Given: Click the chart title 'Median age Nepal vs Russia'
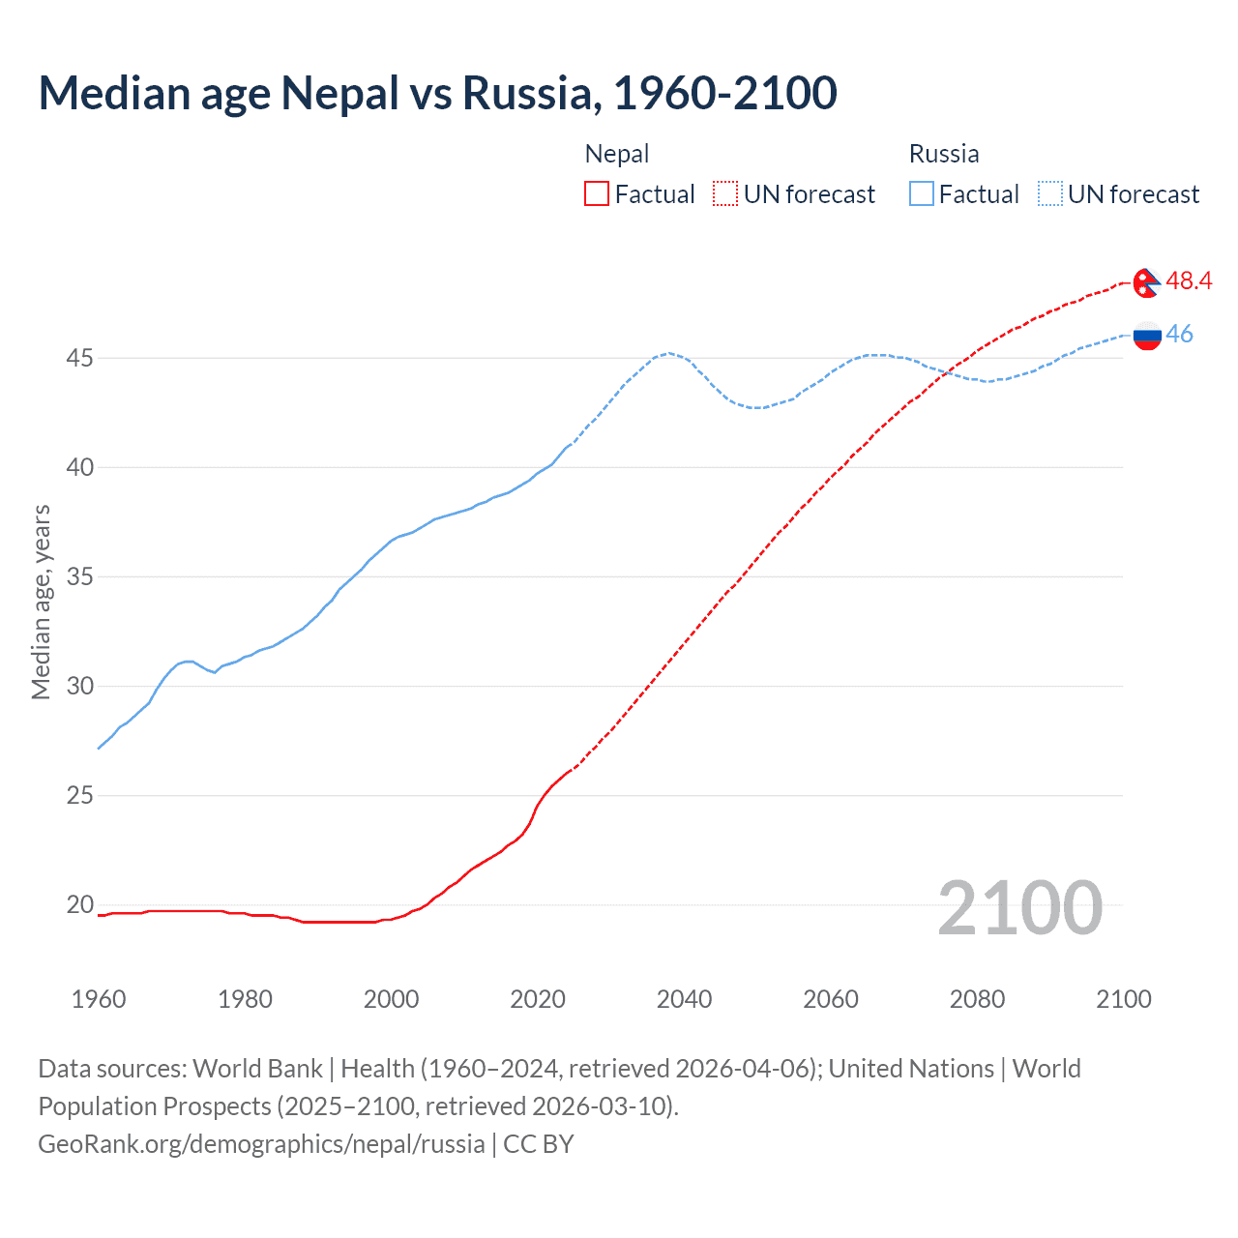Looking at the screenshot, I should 437,93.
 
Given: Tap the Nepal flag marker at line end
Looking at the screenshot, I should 1146,283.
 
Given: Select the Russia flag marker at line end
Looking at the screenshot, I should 1147,336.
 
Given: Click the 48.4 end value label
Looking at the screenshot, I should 1189,280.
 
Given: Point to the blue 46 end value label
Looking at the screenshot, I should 1179,334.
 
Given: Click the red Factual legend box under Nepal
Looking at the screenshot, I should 597,194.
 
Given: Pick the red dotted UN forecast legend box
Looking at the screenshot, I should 725,194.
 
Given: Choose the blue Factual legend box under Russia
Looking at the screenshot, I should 922,194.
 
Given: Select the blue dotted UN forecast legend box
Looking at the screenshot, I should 1050,194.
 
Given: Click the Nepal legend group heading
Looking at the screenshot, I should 617,154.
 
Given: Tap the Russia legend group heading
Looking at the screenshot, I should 944,154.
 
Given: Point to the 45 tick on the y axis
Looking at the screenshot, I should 79,358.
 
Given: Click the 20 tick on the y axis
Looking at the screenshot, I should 79,905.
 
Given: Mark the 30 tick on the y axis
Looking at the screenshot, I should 79,687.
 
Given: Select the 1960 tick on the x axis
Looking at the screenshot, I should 99,999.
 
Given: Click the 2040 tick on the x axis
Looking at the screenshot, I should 684,999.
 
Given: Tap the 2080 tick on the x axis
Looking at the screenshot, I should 977,999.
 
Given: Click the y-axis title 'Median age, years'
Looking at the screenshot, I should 41,602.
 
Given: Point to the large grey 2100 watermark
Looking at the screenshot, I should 1019,908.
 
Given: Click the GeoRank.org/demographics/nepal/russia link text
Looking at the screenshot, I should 261,1144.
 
